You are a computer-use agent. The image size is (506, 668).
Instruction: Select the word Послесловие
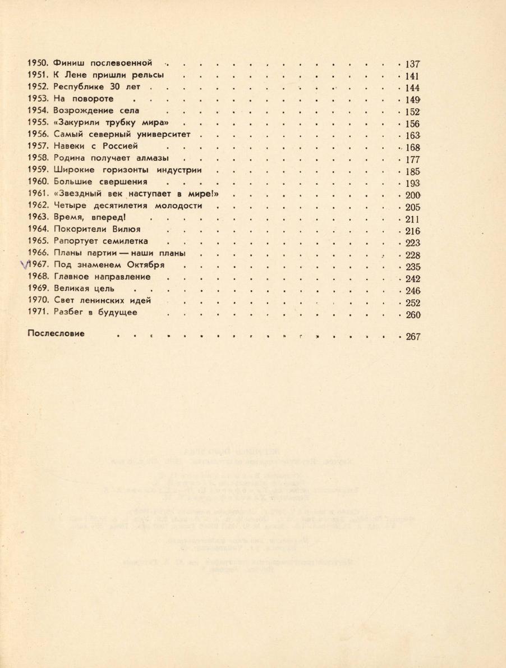pyautogui.click(x=56, y=333)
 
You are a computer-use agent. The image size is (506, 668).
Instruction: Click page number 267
pyautogui.click(x=412, y=337)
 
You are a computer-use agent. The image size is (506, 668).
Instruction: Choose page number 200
pyautogui.click(x=412, y=195)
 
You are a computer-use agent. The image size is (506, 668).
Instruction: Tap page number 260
pyautogui.click(x=412, y=314)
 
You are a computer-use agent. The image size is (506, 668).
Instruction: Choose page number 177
pyautogui.click(x=412, y=159)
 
